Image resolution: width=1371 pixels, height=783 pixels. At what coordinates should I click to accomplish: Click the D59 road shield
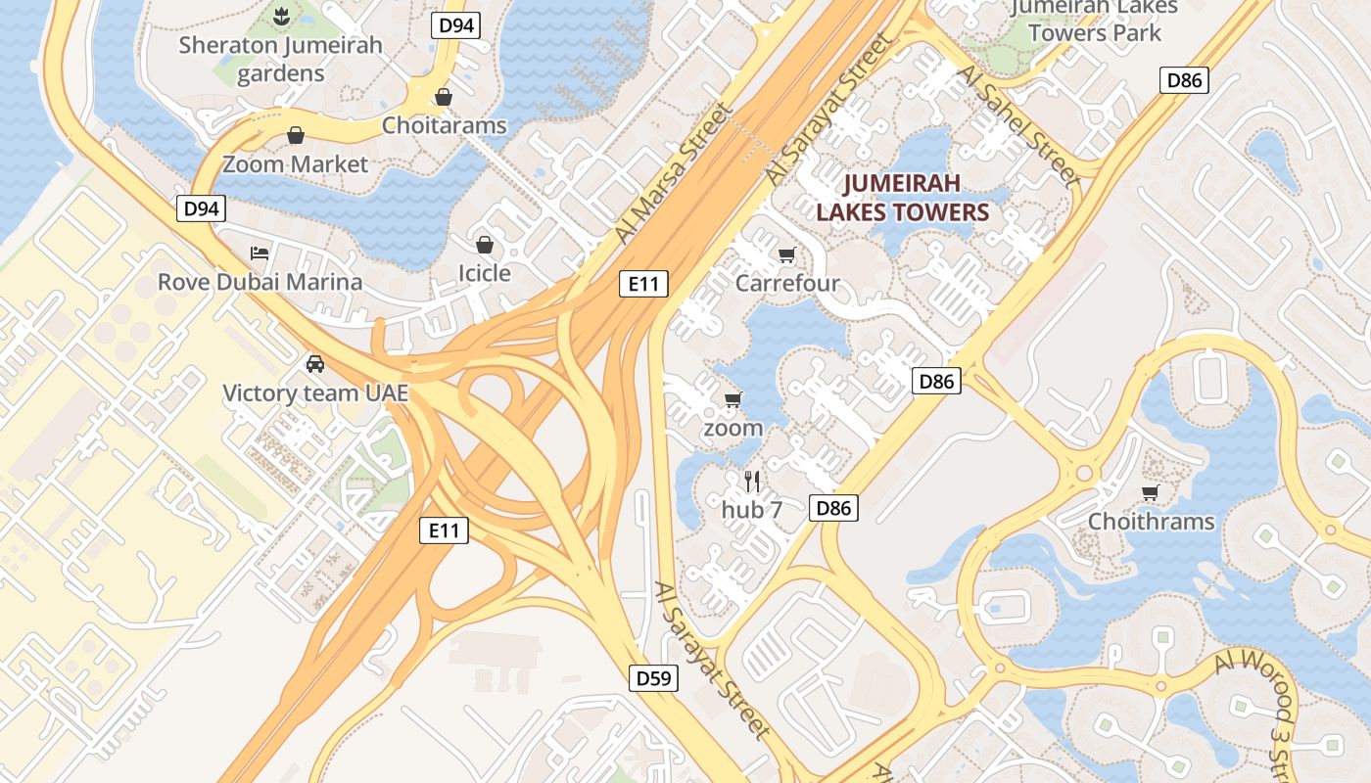pos(653,677)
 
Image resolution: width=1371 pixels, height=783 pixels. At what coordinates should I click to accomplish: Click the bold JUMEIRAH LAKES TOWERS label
pos(902,198)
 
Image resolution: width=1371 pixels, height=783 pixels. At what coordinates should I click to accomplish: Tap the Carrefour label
pos(787,284)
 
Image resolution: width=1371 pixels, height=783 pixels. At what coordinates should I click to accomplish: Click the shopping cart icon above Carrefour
pos(786,255)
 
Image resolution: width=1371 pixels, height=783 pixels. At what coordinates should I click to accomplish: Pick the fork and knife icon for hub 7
pos(752,481)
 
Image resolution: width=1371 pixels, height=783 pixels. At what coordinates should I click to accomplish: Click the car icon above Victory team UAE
pos(314,364)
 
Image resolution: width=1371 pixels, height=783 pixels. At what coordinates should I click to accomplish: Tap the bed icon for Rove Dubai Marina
pos(260,253)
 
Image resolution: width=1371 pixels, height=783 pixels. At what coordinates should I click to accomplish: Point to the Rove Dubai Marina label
pos(260,282)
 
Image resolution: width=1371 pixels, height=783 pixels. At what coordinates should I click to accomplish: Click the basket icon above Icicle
pos(484,244)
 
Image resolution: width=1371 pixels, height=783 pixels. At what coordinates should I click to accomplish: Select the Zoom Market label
pos(295,163)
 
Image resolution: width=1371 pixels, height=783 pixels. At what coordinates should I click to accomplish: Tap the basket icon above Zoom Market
pos(295,135)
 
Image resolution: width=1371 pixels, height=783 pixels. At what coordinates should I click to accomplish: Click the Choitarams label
pos(445,125)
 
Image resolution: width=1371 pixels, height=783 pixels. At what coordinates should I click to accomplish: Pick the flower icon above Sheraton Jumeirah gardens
pos(280,16)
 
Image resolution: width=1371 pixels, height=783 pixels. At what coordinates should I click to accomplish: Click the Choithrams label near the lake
pos(1152,521)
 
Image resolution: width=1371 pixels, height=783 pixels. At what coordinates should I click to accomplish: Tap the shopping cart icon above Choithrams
pos(1150,492)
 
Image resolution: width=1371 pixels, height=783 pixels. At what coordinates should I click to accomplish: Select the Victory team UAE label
pos(315,393)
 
